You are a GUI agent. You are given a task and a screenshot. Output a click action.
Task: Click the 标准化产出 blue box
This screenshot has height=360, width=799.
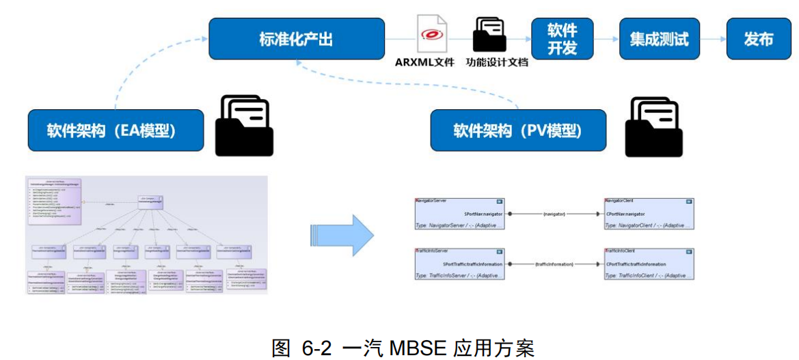pos(296,39)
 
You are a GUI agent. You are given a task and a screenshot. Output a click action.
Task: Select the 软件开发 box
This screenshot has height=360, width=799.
pos(562,39)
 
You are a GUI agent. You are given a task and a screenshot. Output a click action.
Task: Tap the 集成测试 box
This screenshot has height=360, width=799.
pos(659,39)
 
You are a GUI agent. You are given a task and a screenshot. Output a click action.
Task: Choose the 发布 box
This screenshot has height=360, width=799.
pos(758,39)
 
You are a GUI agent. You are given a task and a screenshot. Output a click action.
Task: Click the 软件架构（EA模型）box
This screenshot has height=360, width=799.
pos(116,130)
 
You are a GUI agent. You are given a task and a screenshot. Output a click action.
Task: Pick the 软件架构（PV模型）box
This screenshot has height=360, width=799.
pos(517,130)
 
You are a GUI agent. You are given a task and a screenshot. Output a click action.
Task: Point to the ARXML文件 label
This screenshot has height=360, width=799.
pos(424,62)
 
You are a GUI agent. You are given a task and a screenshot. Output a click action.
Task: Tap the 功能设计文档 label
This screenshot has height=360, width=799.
pos(497,62)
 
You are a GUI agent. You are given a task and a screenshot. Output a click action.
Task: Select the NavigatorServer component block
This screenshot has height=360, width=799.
pos(459,214)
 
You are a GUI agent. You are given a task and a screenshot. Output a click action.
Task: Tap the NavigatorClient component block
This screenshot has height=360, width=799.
pos(649,214)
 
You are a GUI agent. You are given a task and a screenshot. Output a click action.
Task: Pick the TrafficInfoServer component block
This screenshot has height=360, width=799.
pos(459,264)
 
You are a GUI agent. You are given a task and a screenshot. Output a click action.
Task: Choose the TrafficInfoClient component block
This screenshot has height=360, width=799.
pos(649,264)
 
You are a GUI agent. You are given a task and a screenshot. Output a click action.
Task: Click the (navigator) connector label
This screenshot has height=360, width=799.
pos(554,214)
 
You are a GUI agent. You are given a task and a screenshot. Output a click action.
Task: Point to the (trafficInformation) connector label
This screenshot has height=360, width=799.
pos(554,264)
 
